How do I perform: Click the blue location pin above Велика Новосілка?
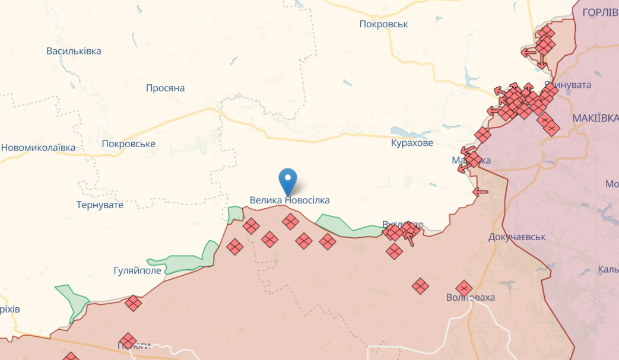tap(288, 180)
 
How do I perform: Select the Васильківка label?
tap(74, 51)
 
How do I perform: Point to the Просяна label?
tap(165, 88)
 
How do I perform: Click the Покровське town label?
tap(128, 144)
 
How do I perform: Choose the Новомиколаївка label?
tap(39, 148)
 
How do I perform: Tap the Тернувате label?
tap(100, 205)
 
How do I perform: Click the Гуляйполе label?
tap(137, 270)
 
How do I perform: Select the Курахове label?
tap(412, 143)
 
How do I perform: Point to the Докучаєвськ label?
tap(517, 237)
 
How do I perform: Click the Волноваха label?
tap(471, 298)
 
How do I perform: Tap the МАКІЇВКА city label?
tap(595, 119)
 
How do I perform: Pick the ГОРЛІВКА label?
tap(600, 12)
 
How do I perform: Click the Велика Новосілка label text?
tap(289, 200)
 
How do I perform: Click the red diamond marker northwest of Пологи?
tap(133, 303)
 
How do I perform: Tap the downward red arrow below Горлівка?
tap(542, 60)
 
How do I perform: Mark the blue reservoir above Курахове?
tap(405, 131)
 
